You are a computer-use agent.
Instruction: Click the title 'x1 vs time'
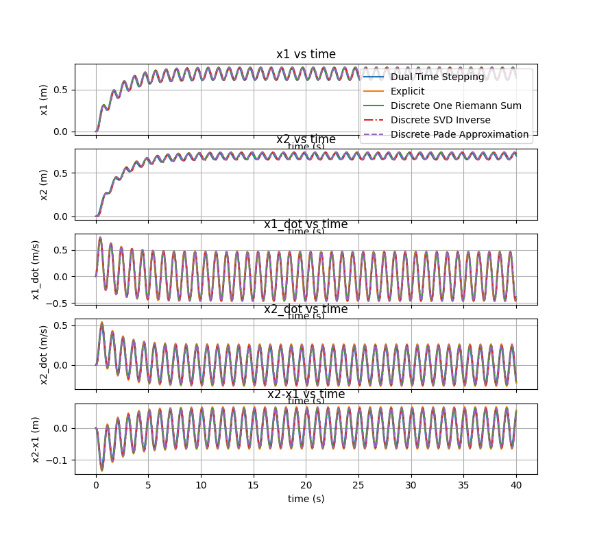tap(306, 55)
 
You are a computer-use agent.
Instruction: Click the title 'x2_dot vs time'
tap(306, 310)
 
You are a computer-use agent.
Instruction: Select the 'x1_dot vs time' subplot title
tap(306, 225)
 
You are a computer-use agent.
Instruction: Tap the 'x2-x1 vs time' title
tap(306, 395)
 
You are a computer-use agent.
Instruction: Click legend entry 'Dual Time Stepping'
tap(437, 77)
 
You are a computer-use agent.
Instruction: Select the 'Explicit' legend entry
tap(408, 91)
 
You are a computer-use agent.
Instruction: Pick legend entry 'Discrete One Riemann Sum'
tap(456, 106)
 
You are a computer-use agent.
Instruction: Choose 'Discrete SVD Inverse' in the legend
tap(440, 120)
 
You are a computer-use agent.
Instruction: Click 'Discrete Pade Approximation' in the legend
tap(459, 134)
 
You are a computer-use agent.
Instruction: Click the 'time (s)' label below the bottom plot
tap(306, 499)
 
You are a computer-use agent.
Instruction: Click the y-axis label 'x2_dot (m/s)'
tap(45, 354)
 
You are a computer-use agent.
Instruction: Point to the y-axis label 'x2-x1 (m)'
tap(36, 438)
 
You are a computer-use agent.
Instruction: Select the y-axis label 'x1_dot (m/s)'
tap(36, 269)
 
